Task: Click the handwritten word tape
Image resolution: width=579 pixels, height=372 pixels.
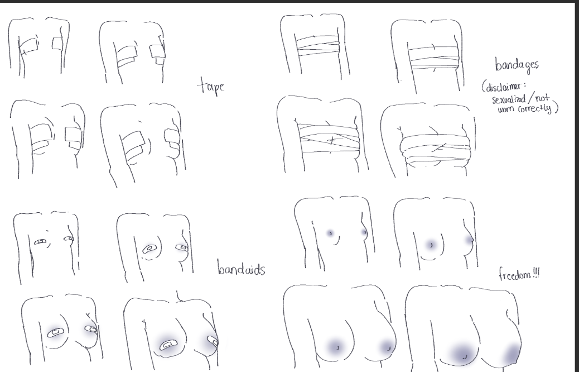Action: click(211, 86)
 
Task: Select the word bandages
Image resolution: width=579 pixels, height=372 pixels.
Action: click(517, 65)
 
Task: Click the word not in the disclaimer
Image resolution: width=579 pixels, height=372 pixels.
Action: click(542, 98)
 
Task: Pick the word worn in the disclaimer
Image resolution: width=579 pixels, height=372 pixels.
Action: click(506, 109)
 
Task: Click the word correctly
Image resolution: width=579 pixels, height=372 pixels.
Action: click(534, 109)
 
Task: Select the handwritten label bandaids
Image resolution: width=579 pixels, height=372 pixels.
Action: click(241, 268)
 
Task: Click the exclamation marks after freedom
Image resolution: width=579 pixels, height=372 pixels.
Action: click(536, 273)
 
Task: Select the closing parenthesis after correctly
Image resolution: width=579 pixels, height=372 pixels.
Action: click(556, 107)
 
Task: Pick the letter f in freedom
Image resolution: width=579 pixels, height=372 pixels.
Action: click(501, 274)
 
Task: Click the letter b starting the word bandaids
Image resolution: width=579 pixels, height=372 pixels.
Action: click(220, 267)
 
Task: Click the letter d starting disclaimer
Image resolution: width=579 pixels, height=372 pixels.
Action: click(489, 88)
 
